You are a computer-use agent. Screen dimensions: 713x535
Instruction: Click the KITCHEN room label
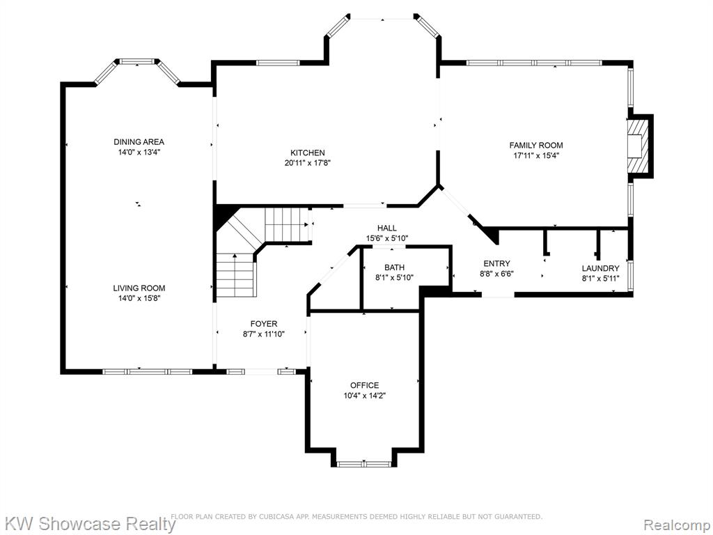(307, 153)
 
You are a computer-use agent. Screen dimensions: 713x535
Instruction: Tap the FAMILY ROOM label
(535, 145)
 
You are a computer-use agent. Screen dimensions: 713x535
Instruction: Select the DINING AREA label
(139, 142)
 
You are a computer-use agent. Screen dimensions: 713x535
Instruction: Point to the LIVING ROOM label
(139, 288)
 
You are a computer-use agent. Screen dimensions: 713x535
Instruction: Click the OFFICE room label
(364, 385)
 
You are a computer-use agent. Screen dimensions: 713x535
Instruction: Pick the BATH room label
(394, 267)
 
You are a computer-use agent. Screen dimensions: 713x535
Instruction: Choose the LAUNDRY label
(600, 268)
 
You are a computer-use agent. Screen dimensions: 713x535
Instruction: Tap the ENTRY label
(496, 263)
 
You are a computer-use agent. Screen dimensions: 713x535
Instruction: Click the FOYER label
(264, 324)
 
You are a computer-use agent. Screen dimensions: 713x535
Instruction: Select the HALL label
(387, 228)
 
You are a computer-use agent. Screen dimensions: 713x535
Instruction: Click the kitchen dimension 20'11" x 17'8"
(307, 163)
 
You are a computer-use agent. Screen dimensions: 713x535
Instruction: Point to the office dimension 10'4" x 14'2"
(364, 396)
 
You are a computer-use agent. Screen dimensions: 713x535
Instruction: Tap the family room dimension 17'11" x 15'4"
(535, 155)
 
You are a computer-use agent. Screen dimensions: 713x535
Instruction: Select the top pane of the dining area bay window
(137, 61)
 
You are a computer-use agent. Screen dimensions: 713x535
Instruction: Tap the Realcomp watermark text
(677, 524)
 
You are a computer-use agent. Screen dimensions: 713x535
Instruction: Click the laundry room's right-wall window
(630, 275)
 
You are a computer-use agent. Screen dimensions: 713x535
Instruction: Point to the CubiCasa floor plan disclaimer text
(356, 516)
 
